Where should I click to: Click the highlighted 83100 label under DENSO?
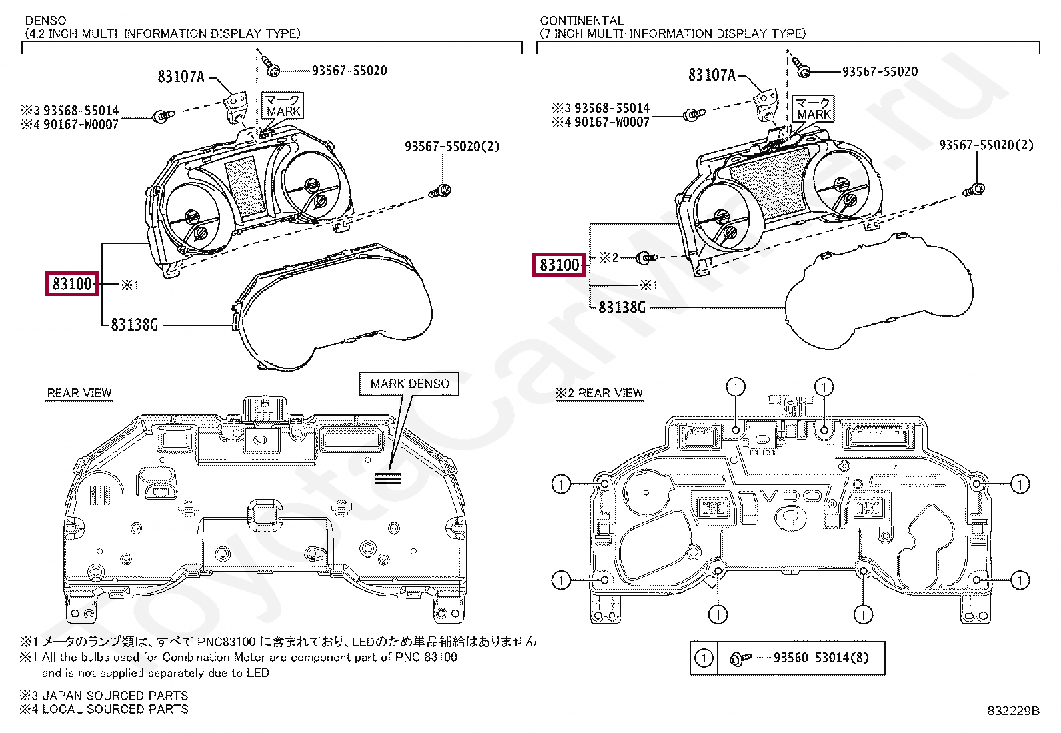(x=72, y=284)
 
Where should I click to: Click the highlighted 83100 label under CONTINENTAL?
(x=559, y=265)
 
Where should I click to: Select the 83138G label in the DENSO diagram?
(x=134, y=325)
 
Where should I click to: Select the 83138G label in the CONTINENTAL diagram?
(x=621, y=307)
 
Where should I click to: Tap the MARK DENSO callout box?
(x=409, y=384)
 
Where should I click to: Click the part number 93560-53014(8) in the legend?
(x=821, y=658)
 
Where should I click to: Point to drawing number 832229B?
(x=1013, y=711)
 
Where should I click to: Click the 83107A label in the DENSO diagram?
(x=181, y=77)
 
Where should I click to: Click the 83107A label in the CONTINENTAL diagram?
(x=712, y=75)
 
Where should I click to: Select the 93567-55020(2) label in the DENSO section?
(x=451, y=146)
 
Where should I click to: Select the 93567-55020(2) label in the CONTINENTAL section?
(x=986, y=145)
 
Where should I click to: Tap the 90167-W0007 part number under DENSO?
(x=81, y=124)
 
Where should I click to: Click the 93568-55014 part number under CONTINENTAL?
(x=612, y=108)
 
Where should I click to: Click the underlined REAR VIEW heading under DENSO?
(x=79, y=393)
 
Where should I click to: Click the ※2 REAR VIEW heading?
(x=599, y=393)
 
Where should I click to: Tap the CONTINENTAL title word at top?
(x=582, y=21)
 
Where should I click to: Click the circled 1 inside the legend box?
(x=704, y=658)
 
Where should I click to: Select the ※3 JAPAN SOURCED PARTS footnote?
(x=104, y=695)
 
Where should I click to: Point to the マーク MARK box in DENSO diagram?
(x=283, y=105)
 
